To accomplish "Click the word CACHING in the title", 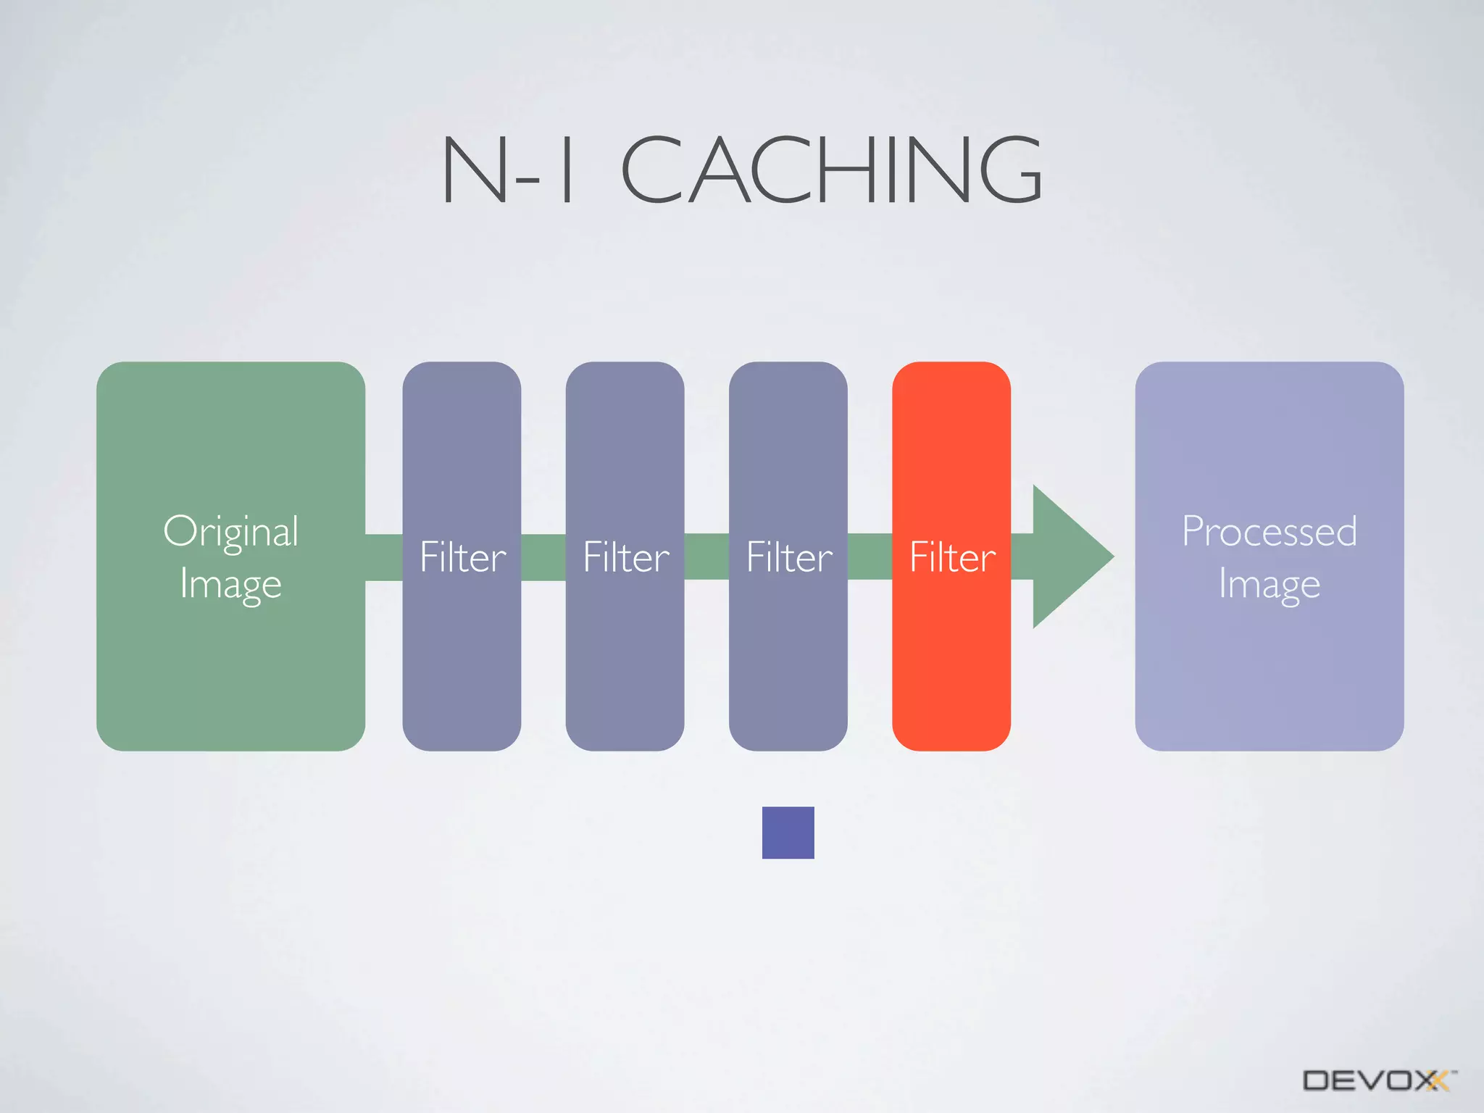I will (831, 170).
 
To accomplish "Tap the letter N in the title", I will (475, 170).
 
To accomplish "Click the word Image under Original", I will (230, 584).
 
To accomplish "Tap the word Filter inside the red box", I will (952, 557).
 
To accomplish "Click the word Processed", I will (1269, 531).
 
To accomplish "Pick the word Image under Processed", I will (1269, 584).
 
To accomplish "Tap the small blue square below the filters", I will (788, 833).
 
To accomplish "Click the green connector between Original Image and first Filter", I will (383, 557).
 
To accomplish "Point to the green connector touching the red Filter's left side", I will (870, 557).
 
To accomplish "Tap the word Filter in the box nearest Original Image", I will (462, 557).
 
